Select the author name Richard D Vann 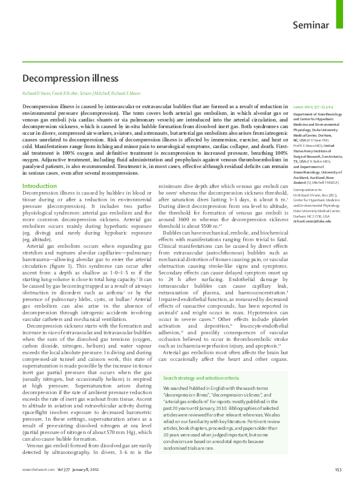point(36,94)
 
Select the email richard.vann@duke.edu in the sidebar point(313,221)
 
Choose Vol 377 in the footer point(64,469)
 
